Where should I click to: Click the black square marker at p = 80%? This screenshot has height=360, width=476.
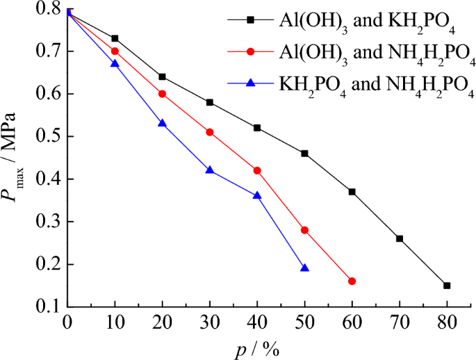(x=447, y=286)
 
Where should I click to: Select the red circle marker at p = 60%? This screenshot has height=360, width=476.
(x=352, y=281)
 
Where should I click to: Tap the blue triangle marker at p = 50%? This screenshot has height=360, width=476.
(x=304, y=268)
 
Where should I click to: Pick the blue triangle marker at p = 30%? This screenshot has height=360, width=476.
(x=210, y=170)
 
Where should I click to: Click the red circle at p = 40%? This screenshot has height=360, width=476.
(x=257, y=170)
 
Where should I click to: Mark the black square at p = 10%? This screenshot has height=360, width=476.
(x=115, y=38)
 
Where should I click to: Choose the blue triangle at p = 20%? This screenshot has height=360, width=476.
(x=162, y=123)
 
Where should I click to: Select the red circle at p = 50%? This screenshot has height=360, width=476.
(x=304, y=230)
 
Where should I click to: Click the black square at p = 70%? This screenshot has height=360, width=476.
(x=400, y=238)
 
